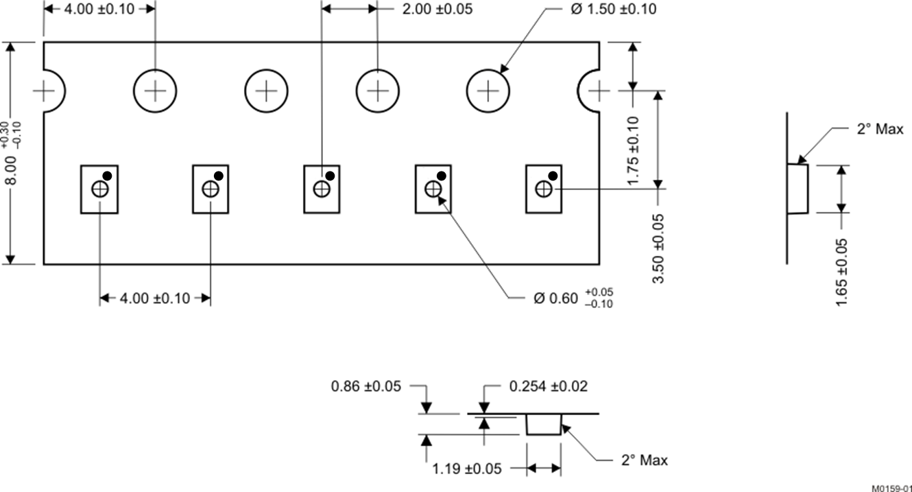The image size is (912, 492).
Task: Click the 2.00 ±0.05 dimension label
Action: (437, 9)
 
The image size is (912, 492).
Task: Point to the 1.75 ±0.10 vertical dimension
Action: (633, 150)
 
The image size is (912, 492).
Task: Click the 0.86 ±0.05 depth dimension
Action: (366, 386)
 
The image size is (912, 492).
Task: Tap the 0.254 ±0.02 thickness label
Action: (548, 386)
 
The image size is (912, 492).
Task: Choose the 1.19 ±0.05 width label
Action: (467, 469)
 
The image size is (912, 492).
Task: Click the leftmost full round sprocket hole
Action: (155, 91)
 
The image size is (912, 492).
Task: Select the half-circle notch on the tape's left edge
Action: (53, 91)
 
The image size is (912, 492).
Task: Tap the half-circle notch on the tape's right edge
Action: (590, 91)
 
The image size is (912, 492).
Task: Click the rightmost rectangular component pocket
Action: (544, 189)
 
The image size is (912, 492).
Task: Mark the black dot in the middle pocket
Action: (330, 176)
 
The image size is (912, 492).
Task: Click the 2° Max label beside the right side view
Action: (880, 129)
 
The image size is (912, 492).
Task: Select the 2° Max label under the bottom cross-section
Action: (644, 460)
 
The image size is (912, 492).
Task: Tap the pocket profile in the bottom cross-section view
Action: (544, 424)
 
